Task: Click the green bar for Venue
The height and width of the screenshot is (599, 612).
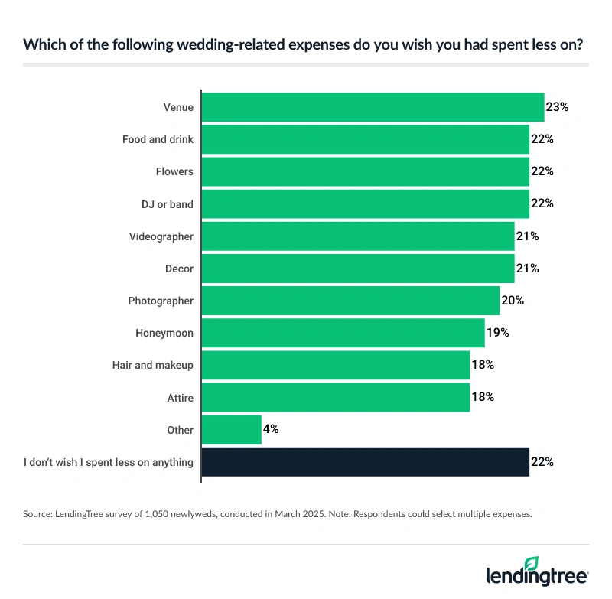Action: point(373,107)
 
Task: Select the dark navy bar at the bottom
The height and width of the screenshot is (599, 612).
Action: point(365,462)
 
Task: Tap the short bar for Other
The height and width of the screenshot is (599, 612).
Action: point(232,430)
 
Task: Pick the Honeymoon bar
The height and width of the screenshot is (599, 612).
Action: point(343,333)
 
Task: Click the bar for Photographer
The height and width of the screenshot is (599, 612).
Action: point(350,301)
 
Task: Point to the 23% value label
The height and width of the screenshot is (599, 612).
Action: point(557,107)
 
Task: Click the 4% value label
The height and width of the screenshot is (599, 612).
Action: point(271,430)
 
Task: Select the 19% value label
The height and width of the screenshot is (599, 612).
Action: point(497,333)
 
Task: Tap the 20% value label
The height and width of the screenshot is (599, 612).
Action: point(512,301)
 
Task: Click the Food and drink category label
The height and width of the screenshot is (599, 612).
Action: point(158,139)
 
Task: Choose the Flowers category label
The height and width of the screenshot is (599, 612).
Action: point(174,171)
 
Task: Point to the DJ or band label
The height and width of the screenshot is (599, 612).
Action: point(168,204)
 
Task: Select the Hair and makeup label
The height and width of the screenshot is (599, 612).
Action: point(153,366)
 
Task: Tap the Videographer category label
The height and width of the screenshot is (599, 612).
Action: point(161,236)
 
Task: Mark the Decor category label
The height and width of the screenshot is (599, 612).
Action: point(179,269)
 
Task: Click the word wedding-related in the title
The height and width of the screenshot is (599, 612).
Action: point(177,44)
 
